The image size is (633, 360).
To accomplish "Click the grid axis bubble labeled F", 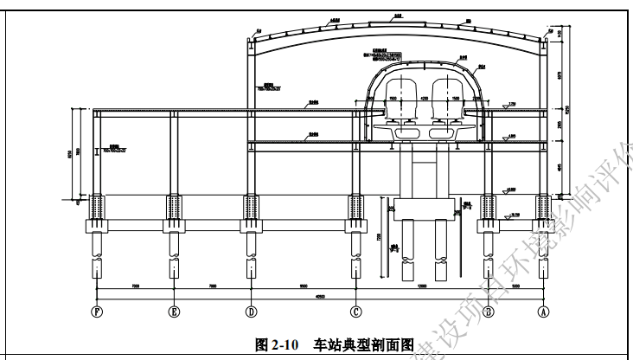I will (x=96, y=312).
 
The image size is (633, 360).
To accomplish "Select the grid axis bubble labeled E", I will (x=174, y=312).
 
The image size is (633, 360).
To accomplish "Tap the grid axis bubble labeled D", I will (x=250, y=312).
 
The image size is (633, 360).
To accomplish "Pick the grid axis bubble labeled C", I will (x=355, y=312).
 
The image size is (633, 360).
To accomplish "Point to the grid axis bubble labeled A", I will (x=544, y=312).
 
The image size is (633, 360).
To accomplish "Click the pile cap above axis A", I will (x=544, y=228).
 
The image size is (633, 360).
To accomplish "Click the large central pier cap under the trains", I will (x=425, y=209).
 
